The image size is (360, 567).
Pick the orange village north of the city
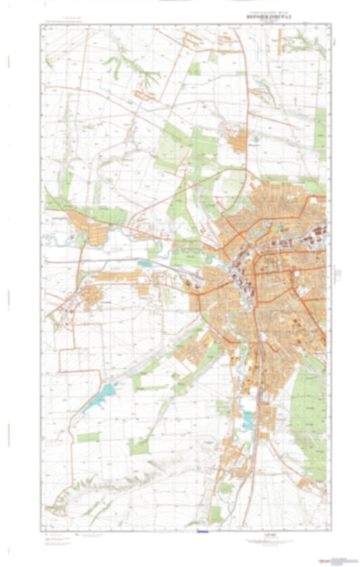tap(237, 142)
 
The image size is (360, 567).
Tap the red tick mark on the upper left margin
tap(9, 62)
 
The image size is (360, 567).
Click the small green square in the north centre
tap(195, 68)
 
